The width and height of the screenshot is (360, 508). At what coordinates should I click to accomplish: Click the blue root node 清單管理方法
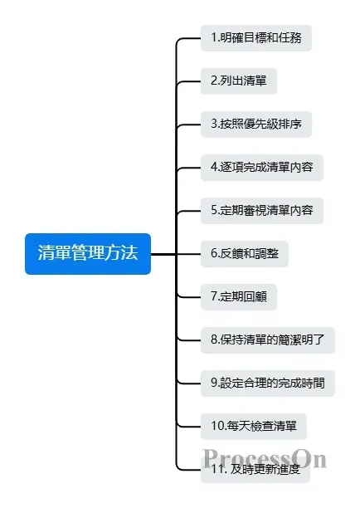pos(88,254)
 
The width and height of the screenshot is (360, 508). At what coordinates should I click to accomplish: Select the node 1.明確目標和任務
pos(256,38)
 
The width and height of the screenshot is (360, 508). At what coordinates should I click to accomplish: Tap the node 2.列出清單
pos(239,81)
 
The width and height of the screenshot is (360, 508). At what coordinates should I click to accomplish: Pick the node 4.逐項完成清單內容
pos(262,168)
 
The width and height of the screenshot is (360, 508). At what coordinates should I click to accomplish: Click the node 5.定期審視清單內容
pos(262,211)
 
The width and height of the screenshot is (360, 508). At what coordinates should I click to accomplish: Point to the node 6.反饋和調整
pos(245,254)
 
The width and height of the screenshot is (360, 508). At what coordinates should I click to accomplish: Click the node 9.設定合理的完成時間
pos(268,383)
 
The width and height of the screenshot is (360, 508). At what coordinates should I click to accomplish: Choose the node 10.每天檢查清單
pos(253,427)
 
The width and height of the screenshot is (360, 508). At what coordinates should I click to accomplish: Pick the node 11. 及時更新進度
pos(255,471)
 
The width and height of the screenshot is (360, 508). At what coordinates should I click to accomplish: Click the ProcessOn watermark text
pos(264,458)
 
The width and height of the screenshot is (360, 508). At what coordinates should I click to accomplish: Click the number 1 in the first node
pos(213,38)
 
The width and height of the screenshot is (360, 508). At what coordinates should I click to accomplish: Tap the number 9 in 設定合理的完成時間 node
pos(214,383)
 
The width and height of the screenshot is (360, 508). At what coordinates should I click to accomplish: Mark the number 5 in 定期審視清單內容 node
pos(214,211)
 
